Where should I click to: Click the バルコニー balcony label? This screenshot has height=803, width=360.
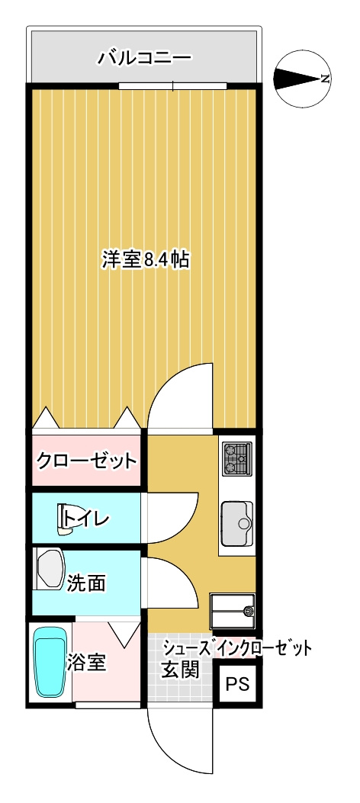(x=144, y=57)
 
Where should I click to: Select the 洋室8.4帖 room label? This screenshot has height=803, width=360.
(x=146, y=260)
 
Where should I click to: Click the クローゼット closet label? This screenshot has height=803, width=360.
(x=87, y=461)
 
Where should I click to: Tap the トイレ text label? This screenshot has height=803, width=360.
(x=88, y=519)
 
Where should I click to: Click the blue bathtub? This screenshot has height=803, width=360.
(x=51, y=661)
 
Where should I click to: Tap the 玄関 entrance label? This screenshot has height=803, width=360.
(x=180, y=670)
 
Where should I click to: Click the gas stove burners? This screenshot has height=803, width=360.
(x=237, y=459)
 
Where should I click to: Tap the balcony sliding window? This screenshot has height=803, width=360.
(x=173, y=86)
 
